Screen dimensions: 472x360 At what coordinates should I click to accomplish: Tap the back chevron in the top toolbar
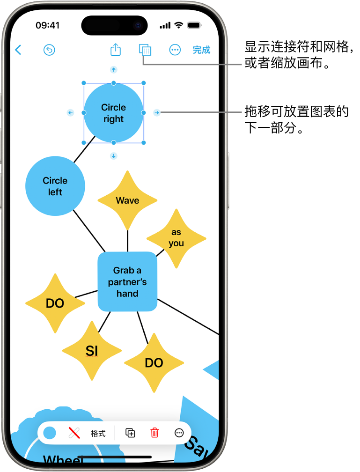pyautogui.click(x=18, y=50)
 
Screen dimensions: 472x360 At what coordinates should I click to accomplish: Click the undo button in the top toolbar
pyautogui.click(x=49, y=50)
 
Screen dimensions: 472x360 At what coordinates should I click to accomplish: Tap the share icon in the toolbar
pyautogui.click(x=116, y=50)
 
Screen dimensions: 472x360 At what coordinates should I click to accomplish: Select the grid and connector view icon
pyautogui.click(x=145, y=50)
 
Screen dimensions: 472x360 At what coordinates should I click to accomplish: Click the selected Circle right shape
pyautogui.click(x=114, y=113)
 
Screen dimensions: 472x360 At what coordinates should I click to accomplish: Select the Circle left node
pyautogui.click(x=55, y=186)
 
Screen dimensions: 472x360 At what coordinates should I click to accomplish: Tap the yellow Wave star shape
pyautogui.click(x=127, y=200)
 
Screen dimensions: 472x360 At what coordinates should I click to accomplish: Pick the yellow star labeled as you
pyautogui.click(x=176, y=238)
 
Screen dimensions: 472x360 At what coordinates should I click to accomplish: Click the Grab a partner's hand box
pyautogui.click(x=127, y=281)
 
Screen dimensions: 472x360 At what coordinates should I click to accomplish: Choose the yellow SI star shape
pyautogui.click(x=92, y=350)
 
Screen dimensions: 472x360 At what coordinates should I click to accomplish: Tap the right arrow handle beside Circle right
pyautogui.click(x=157, y=112)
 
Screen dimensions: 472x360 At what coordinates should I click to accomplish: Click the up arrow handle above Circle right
pyautogui.click(x=113, y=70)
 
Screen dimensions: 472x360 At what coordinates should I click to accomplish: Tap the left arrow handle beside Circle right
pyautogui.click(x=70, y=113)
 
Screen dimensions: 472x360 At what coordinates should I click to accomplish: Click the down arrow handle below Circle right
pyautogui.click(x=113, y=156)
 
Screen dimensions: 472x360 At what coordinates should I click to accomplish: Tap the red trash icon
pyautogui.click(x=154, y=433)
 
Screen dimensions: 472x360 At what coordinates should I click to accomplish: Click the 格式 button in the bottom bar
pyautogui.click(x=98, y=433)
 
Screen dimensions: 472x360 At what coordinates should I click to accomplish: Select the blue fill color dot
pyautogui.click(x=50, y=433)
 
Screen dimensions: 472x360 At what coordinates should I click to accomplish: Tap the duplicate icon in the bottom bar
pyautogui.click(x=131, y=433)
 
